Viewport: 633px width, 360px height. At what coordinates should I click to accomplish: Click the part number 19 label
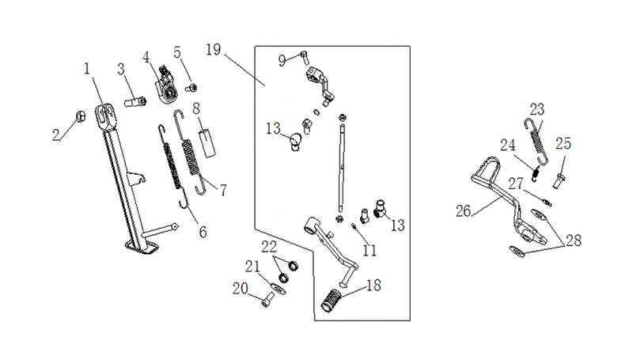213,50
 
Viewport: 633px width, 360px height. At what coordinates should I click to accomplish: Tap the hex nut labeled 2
81,116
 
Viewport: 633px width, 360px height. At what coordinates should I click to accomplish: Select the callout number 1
87,69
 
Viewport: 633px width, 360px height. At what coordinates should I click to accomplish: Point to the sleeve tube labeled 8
208,142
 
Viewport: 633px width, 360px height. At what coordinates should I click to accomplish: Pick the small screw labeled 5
191,88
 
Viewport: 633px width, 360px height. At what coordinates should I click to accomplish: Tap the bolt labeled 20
267,299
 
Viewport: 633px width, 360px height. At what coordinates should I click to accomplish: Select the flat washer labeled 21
279,288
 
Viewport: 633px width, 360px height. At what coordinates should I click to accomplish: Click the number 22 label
269,246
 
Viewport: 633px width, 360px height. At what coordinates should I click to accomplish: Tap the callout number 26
463,210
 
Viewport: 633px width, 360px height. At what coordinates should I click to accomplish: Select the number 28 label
574,241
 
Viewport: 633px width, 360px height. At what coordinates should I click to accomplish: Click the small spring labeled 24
536,173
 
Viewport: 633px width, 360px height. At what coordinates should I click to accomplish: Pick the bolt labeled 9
305,57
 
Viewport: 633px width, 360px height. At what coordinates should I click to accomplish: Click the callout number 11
370,251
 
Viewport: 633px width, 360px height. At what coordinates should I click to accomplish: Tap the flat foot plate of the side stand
142,247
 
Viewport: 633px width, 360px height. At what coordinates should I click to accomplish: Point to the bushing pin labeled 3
135,102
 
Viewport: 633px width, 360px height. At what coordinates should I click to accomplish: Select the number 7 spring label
223,190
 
